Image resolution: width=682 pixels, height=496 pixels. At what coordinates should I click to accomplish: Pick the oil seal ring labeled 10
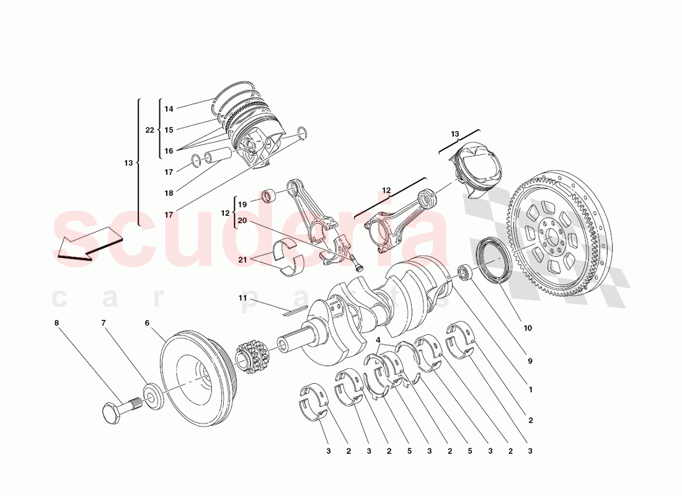(x=492, y=260)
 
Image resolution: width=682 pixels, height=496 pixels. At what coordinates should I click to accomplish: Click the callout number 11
(x=243, y=299)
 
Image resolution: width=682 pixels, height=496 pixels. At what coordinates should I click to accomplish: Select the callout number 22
(x=149, y=130)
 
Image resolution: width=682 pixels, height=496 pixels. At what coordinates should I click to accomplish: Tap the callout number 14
(x=169, y=109)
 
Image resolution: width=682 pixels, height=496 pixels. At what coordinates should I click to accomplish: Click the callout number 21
(x=243, y=260)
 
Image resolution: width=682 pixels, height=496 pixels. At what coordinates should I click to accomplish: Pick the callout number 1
(x=530, y=391)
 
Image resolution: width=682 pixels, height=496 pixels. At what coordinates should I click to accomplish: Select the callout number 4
(x=378, y=339)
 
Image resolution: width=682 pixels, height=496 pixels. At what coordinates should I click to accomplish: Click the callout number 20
(x=242, y=221)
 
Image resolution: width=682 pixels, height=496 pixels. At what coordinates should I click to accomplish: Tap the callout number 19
(x=242, y=204)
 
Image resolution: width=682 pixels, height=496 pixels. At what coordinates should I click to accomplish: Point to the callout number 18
(x=169, y=193)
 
